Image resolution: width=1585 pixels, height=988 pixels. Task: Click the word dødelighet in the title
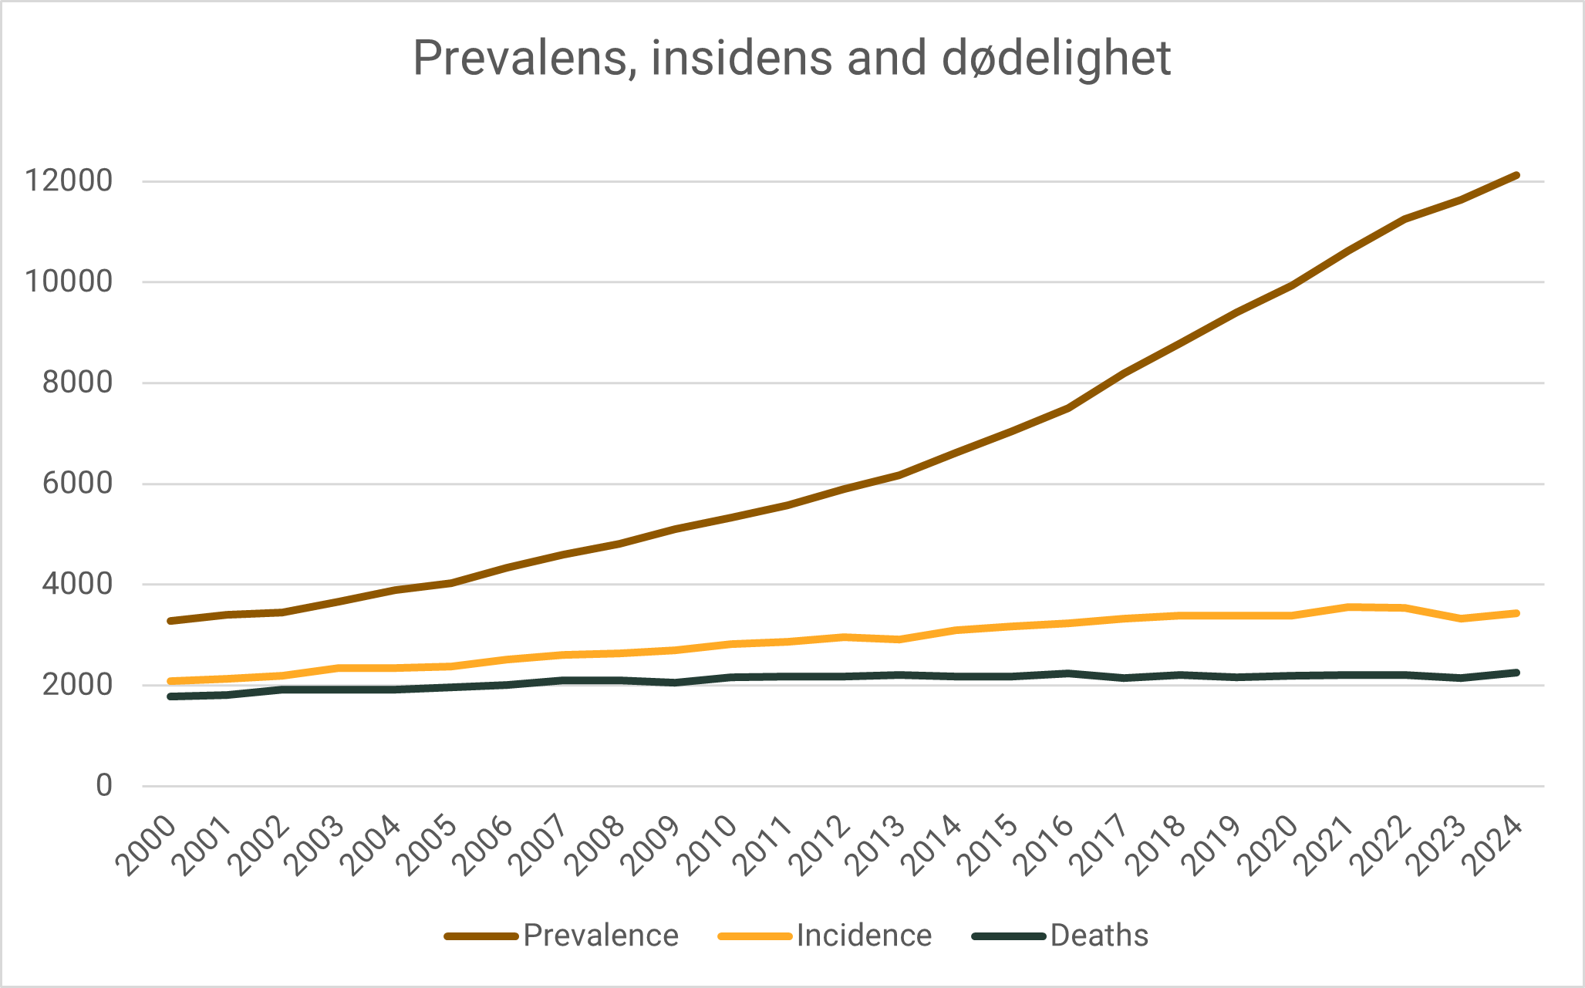point(1056,58)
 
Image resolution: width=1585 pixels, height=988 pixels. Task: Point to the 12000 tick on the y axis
point(69,181)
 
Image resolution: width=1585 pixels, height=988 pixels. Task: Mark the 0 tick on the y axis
point(104,786)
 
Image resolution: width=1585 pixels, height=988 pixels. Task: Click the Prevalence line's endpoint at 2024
point(1516,176)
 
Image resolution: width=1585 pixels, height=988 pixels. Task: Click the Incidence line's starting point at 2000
point(170,681)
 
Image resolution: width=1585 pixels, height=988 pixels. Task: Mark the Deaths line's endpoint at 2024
point(1516,673)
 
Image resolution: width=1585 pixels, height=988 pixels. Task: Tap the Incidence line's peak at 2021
point(1348,607)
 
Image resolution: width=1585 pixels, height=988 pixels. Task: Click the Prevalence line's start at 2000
point(170,621)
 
